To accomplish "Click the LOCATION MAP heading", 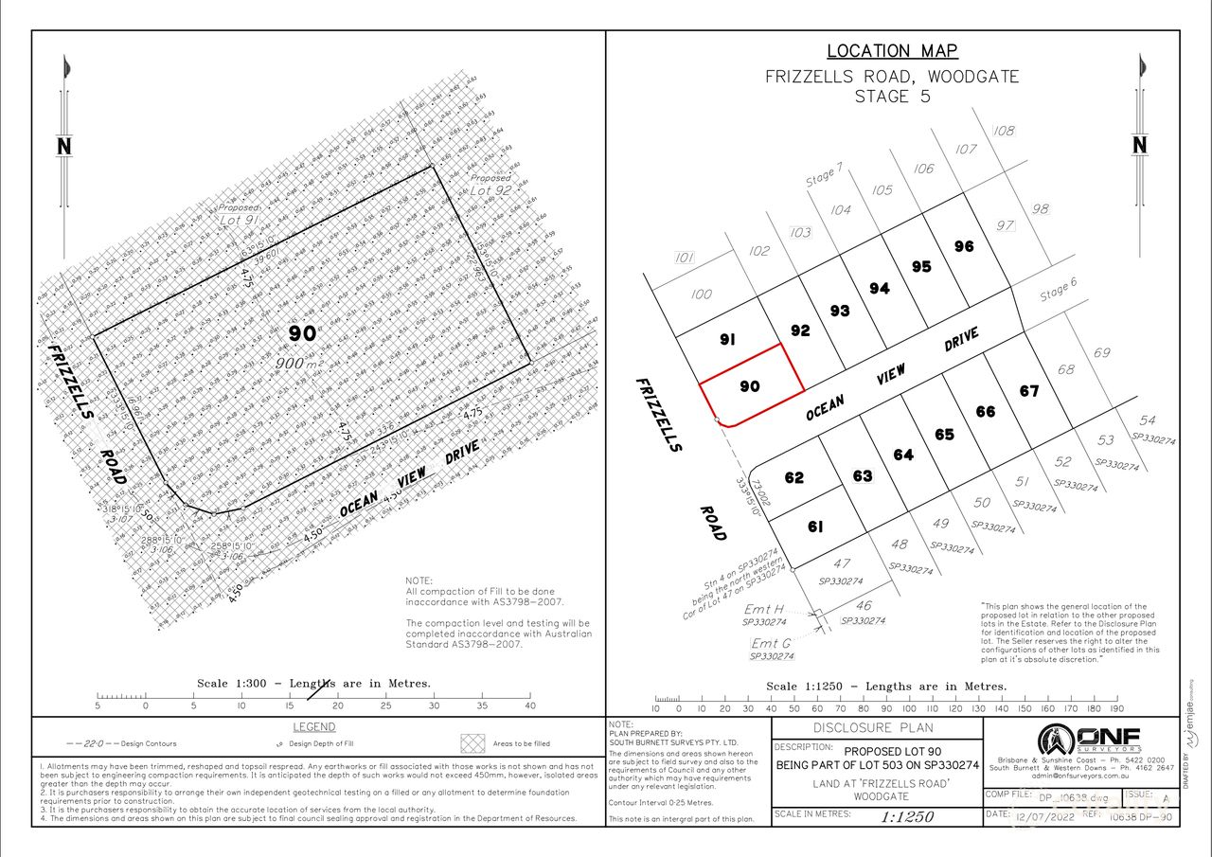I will [892, 51].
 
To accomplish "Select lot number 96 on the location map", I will [964, 246].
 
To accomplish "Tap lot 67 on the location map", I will [1029, 391].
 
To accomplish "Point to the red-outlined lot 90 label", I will [750, 386].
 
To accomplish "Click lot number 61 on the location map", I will [815, 527].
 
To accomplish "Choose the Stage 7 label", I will [824, 176].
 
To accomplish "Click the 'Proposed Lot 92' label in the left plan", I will [491, 184].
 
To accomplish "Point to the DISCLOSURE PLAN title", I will [873, 728].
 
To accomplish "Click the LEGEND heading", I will [313, 727].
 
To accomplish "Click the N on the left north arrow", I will [64, 146].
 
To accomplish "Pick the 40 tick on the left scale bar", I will [529, 705].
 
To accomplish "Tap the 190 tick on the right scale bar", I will [1116, 708].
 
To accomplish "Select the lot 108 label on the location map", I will [1004, 131].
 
